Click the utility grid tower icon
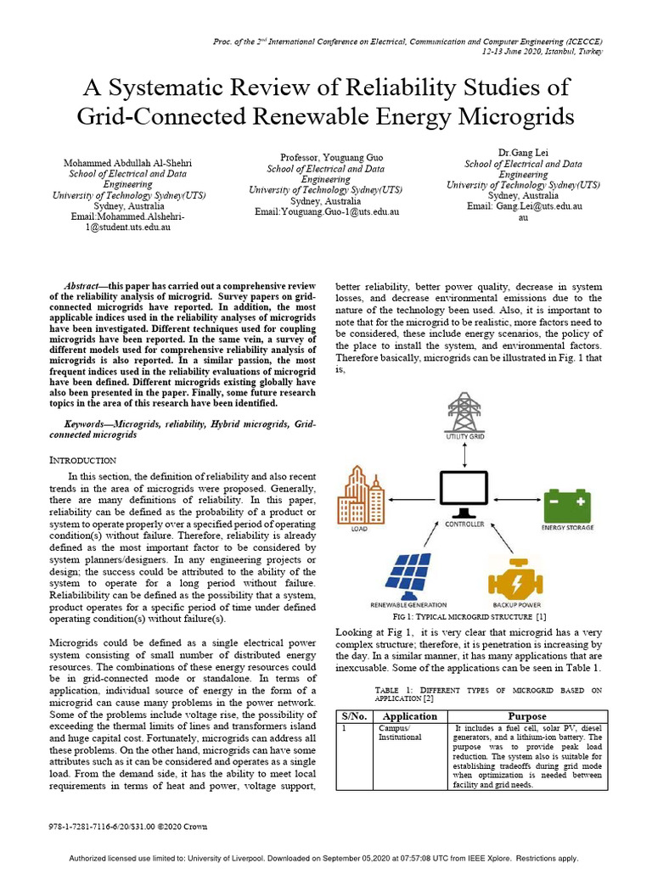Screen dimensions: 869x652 (464, 412)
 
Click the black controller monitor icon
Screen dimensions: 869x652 (464, 495)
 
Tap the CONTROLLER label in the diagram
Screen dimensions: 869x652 (464, 524)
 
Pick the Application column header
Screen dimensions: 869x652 (410, 716)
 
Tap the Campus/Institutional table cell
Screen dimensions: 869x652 (398, 733)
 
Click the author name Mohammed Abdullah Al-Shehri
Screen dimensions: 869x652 (126, 163)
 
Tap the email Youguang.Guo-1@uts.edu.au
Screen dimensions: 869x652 (325, 211)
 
